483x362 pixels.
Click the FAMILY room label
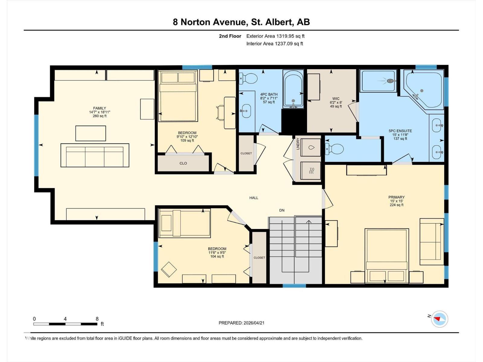click(99, 108)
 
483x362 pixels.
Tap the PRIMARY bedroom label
click(396, 197)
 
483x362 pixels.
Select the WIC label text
click(336, 99)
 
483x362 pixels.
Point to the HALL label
click(254, 198)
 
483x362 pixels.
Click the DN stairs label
click(282, 210)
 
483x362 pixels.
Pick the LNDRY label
click(298, 144)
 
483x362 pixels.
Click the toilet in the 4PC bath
click(248, 78)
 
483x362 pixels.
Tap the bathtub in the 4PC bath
click(293, 89)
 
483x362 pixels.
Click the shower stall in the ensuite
click(378, 81)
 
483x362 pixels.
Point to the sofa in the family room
click(95, 155)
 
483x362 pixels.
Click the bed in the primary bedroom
click(387, 256)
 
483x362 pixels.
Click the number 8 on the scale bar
click(97, 319)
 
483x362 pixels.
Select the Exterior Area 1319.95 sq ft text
click(275, 36)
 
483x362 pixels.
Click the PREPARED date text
click(241, 323)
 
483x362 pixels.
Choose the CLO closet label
click(183, 163)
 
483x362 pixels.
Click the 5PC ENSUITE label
click(400, 131)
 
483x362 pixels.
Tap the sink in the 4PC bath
click(246, 111)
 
